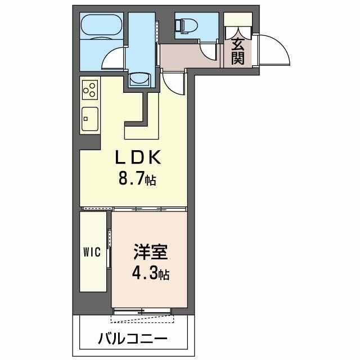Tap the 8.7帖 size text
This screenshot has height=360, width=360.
coord(137,180)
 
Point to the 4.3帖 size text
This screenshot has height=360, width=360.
coord(150,275)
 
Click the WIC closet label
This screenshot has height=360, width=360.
coord(93,252)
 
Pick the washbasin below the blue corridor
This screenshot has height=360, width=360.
coord(138,79)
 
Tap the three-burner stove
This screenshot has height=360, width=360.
coord(90,89)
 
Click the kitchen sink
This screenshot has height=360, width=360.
coord(89,119)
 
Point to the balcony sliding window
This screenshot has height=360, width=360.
coord(142,311)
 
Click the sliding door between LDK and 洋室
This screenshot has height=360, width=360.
coord(148,209)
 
